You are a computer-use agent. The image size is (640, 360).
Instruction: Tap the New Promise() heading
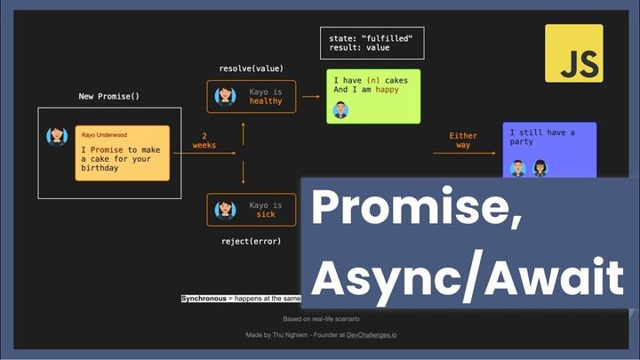(x=109, y=96)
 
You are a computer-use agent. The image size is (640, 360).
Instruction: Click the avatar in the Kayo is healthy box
(x=225, y=95)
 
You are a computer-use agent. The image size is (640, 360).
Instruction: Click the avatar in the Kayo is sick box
(x=225, y=210)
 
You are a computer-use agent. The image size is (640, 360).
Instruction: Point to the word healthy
(x=266, y=101)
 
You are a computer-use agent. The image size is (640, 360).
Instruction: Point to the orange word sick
(x=266, y=215)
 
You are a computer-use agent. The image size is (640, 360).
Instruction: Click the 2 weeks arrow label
(x=204, y=140)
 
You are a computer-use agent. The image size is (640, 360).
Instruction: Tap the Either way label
(x=463, y=140)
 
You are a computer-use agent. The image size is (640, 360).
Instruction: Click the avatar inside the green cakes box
(x=340, y=110)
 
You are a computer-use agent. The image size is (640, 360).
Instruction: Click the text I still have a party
(x=542, y=138)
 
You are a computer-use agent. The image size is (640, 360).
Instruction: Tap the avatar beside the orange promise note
(x=58, y=136)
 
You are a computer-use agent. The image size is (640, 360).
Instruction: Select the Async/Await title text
(x=467, y=277)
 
